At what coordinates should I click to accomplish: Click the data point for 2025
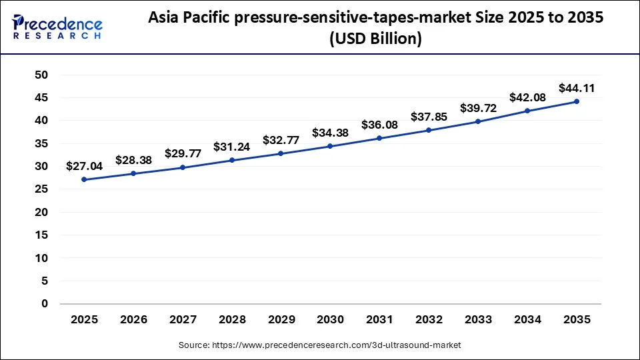click(x=85, y=179)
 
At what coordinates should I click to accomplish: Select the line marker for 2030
click(x=330, y=146)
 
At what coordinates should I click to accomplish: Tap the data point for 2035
click(x=577, y=101)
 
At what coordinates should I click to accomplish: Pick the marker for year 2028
click(x=232, y=160)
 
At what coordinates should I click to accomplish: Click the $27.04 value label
click(x=85, y=166)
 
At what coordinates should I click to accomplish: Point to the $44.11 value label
click(x=577, y=87)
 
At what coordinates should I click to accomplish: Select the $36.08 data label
click(x=379, y=125)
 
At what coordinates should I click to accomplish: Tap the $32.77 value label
click(x=281, y=140)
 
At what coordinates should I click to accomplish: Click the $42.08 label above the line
click(x=527, y=97)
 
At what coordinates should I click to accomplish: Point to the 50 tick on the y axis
click(x=41, y=75)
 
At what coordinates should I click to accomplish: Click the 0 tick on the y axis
click(x=45, y=304)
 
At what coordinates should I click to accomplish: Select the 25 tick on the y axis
click(x=41, y=189)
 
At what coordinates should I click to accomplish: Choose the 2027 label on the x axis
click(x=183, y=320)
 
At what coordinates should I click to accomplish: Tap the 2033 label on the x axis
click(x=478, y=320)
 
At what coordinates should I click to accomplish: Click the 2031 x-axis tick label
click(x=379, y=320)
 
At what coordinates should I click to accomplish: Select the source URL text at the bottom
click(x=320, y=345)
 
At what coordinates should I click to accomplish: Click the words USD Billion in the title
click(x=377, y=39)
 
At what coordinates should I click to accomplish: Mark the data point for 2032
click(x=429, y=130)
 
